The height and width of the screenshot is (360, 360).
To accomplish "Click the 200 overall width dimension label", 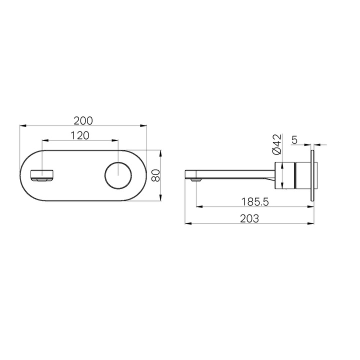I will pos(83,120).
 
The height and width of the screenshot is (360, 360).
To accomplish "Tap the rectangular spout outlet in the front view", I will pos(42,175).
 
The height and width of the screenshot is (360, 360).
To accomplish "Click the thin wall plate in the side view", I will pos(312,175).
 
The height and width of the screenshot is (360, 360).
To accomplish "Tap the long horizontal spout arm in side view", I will pos(235,172).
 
